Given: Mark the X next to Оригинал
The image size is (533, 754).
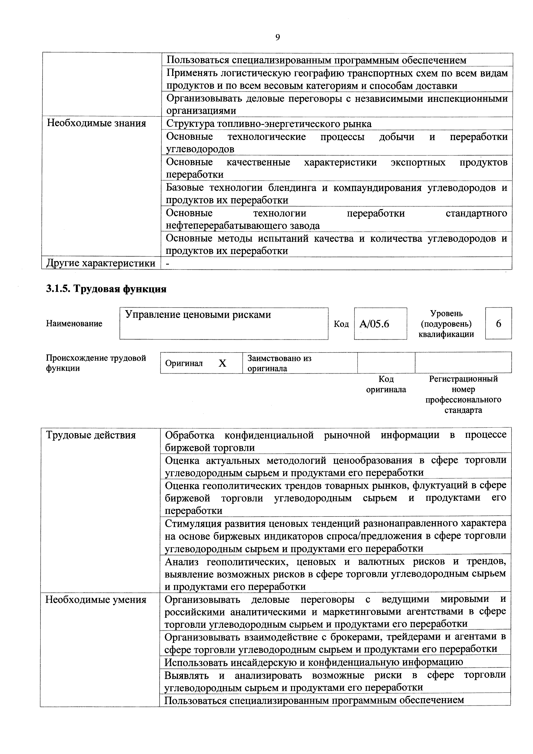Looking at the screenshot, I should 223,363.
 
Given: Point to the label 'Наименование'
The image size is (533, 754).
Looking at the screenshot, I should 74,324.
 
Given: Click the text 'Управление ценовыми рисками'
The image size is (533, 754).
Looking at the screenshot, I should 198,315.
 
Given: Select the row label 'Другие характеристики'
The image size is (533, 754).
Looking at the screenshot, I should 101,263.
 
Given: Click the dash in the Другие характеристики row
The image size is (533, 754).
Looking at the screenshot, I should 168,263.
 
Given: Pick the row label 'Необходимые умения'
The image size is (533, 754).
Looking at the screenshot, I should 96,600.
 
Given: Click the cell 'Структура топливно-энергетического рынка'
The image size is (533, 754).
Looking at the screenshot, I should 269,124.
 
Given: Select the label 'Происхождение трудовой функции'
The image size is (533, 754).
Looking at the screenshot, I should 96,363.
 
